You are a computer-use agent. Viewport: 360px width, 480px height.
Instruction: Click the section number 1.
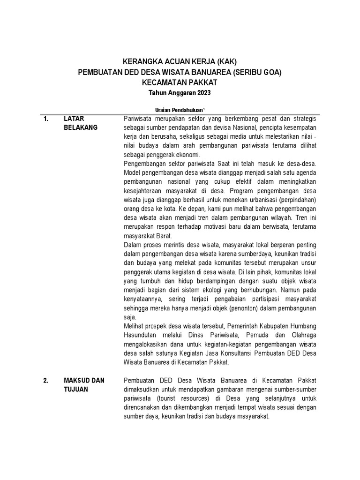(46, 119)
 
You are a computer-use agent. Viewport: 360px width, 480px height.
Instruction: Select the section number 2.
(46, 380)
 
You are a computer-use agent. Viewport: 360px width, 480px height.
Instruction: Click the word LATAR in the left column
(74, 119)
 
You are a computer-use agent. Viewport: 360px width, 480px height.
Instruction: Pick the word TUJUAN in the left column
(76, 389)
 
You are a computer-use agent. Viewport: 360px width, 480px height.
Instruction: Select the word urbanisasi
(262, 200)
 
